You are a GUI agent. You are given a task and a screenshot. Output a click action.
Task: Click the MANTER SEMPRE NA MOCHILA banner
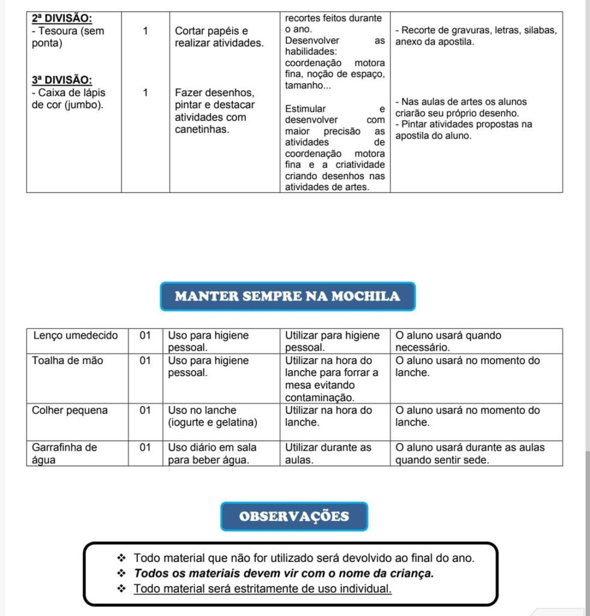pos(287,296)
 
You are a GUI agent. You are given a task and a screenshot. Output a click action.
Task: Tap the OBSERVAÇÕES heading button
pos(294,516)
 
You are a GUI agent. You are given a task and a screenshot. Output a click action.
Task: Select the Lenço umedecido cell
pos(75,336)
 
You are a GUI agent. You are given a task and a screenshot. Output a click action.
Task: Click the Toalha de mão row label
pos(67,361)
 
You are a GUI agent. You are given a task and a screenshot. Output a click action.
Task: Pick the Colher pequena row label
pos(70,410)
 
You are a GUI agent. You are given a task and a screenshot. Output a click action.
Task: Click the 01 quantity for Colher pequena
pos(145,410)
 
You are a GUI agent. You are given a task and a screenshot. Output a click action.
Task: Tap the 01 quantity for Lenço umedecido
pos(145,336)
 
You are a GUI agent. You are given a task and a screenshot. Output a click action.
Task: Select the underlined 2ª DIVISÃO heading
pos(62,19)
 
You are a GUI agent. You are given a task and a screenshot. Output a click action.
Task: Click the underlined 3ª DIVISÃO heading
pos(62,80)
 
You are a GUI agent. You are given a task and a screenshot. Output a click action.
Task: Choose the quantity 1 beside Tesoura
pos(146,31)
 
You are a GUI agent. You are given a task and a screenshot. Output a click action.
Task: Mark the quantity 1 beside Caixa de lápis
pos(146,93)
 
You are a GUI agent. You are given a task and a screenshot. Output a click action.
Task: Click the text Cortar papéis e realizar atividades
pos(219,37)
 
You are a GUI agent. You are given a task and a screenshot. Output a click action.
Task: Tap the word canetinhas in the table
pos(202,129)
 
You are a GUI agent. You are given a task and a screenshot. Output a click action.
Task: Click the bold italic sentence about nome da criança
pos(283,573)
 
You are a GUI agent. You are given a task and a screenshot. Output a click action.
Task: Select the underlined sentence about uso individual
pos(262,588)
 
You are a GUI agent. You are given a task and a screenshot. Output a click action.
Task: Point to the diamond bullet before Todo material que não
pos(121,558)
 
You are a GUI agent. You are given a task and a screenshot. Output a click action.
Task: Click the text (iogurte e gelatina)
pos(212,422)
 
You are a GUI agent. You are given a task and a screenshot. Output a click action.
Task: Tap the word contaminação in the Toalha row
pos(319,398)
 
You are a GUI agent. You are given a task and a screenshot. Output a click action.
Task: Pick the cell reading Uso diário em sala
pos(212,448)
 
